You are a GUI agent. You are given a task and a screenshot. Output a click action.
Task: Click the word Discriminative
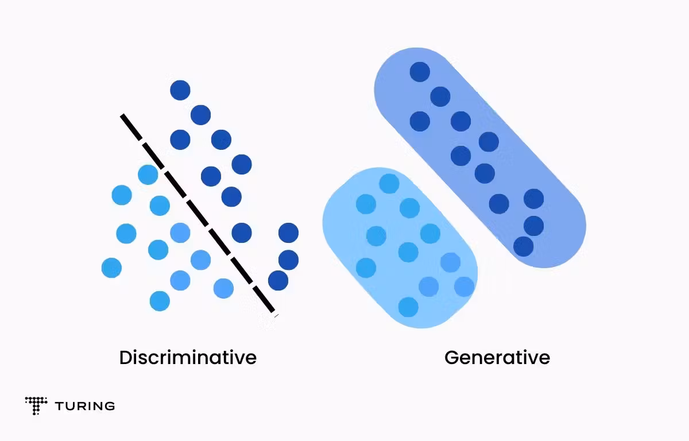pos(188,358)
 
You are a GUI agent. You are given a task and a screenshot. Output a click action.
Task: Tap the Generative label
pos(497,358)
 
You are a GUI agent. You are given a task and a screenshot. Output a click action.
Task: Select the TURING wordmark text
pos(85,406)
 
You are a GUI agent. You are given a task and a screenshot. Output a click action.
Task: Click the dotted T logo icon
pos(36,405)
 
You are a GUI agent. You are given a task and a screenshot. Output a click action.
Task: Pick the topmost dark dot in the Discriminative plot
pos(180,90)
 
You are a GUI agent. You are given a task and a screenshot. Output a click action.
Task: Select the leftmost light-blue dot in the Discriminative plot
pos(111,268)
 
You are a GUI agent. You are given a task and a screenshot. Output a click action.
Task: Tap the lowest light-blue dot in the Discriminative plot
pos(160,301)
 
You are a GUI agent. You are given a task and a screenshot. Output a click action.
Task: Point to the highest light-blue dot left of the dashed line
pos(148,175)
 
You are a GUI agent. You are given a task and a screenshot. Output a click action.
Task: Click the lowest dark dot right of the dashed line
pos(278,280)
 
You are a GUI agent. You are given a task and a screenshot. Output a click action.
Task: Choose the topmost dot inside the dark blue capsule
pos(420,72)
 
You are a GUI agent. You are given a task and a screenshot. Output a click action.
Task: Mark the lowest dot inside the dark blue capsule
pos(523,246)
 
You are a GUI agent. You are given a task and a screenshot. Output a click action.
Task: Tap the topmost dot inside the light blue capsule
pos(389,184)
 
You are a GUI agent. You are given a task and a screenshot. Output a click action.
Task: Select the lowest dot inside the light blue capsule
pos(408,307)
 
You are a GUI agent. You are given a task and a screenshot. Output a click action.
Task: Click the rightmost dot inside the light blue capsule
pos(464,287)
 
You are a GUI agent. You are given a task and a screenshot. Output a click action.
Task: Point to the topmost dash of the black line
pos(131,127)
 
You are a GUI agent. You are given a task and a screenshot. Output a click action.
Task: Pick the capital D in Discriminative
pos(125,358)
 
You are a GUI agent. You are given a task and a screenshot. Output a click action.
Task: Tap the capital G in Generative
pos(451,358)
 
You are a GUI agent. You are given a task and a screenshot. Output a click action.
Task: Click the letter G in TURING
pos(110,406)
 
